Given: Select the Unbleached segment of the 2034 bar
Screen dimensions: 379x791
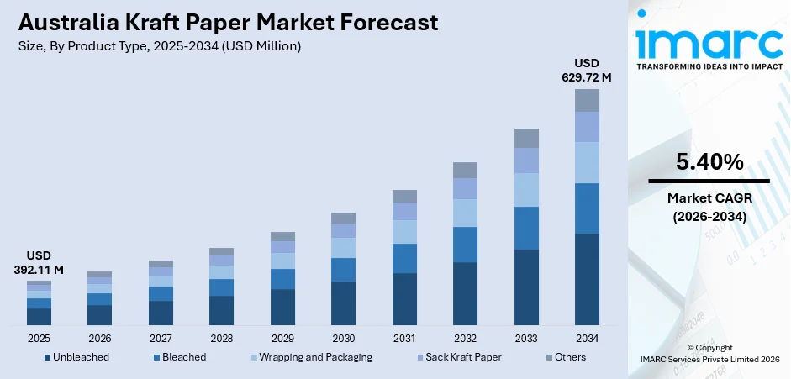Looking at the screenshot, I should coord(587,279).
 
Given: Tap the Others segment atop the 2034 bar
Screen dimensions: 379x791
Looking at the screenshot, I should coord(587,100).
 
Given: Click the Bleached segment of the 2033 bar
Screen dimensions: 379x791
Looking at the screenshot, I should coord(526,228).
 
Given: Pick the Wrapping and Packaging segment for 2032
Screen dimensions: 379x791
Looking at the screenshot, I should coord(465,213).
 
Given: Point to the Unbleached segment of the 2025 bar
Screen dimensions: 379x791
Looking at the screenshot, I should coord(39,316).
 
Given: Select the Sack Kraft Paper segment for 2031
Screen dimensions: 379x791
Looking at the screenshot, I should coord(404,211).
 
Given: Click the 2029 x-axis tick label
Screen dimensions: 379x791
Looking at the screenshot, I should coord(282,338).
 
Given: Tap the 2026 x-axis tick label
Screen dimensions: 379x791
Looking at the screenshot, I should coord(100,338).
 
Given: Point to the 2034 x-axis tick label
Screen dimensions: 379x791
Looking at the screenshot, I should coord(587,338).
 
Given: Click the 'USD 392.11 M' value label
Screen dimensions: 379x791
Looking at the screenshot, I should coord(39,263).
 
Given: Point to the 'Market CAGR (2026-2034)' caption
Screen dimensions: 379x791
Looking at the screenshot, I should coord(708,207).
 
